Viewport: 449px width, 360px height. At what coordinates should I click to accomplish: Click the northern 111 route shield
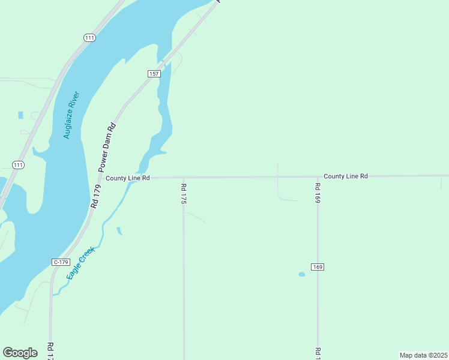[89, 38]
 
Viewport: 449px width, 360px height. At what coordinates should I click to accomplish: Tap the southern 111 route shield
[18, 164]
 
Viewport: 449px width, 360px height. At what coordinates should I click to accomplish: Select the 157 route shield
[154, 73]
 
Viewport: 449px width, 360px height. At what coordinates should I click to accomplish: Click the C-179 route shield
[61, 262]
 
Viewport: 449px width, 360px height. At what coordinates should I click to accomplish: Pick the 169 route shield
[318, 266]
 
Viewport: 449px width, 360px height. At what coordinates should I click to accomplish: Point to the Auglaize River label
[71, 115]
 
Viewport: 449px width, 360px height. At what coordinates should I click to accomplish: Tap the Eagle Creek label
[80, 262]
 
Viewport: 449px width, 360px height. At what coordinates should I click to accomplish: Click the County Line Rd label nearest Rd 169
[345, 176]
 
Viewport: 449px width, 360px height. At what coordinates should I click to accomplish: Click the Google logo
[20, 353]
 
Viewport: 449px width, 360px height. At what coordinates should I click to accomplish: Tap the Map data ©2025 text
[423, 355]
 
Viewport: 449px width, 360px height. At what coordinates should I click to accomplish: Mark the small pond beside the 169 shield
[301, 274]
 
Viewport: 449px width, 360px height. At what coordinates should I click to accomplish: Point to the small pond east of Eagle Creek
[119, 230]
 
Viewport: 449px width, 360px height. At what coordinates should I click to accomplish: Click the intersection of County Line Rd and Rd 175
[183, 178]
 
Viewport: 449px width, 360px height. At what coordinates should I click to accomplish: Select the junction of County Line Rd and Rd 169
[318, 177]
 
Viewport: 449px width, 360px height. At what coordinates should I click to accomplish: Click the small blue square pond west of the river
[20, 115]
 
